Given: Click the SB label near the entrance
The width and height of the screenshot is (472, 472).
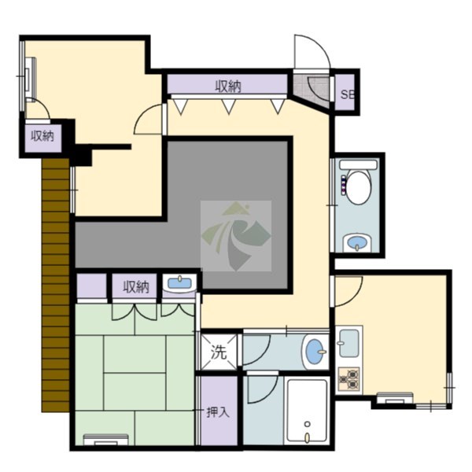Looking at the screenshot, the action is coord(348,94).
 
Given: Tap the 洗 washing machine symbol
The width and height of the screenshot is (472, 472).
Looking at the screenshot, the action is coord(219,352).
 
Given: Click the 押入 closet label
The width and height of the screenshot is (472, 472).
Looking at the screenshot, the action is coord(218,412).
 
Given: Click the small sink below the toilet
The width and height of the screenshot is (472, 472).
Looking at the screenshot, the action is coord(357,242).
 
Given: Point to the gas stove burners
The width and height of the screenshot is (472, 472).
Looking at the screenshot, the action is coord(348,379).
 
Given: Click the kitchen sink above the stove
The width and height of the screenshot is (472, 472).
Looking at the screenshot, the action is coord(348,343).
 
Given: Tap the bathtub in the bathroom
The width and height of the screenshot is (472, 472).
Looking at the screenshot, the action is coord(307,411).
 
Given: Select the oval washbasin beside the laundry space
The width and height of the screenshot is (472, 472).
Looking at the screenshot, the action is coord(315,352).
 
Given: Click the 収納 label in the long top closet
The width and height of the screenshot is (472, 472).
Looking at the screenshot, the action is coord(228,87).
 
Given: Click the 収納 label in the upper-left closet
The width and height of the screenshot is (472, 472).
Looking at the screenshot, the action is coord(42,136).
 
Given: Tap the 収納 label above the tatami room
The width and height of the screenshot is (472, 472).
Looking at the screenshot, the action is coord(136,287).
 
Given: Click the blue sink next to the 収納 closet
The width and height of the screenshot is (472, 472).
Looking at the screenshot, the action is coord(179,283).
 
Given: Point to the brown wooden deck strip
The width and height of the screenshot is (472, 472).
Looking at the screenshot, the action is coord(56,285).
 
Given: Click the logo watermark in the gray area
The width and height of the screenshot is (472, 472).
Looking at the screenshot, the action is coord(236,236).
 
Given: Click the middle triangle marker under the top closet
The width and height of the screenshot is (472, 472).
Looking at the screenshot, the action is coord(228,107).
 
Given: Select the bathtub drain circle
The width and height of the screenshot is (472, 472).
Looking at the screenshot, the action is coord(307,424).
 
